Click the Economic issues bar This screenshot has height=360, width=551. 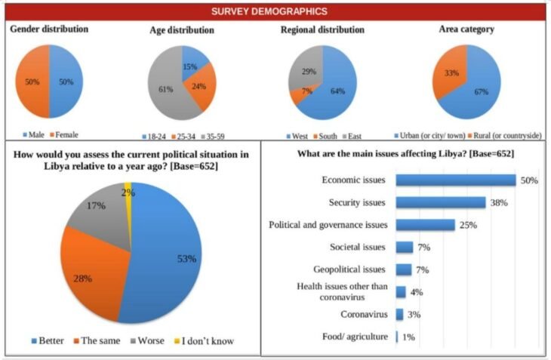coord(456,180)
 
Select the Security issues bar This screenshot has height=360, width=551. coord(441,203)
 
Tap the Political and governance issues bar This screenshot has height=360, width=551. coord(426,225)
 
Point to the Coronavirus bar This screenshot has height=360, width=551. coord(399,315)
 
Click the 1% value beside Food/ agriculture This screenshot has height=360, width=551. coord(408,337)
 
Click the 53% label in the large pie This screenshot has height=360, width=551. coord(186,259)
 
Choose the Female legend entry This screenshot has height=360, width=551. coord(64,134)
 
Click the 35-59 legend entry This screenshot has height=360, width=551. coord(213,137)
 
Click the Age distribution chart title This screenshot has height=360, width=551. coord(182,30)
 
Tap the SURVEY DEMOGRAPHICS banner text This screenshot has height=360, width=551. coord(269,11)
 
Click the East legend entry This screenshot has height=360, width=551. coord(352,136)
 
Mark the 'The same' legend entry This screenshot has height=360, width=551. coord(97,340)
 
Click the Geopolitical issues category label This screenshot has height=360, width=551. coord(349,269)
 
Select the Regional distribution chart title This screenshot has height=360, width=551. coord(322,29)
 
